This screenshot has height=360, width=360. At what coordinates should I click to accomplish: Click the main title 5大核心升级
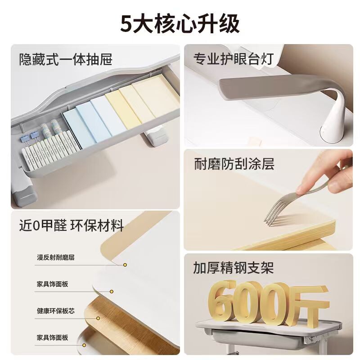point(180,24)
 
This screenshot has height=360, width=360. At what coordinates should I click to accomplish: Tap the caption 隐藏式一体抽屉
point(66,59)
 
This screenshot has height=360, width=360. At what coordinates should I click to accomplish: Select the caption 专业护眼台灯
point(234,59)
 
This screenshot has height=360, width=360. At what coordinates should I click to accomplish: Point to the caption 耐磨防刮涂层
point(234,164)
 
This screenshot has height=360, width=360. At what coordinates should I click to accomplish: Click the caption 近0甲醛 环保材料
point(72,225)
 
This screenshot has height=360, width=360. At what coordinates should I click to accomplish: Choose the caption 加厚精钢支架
point(233,267)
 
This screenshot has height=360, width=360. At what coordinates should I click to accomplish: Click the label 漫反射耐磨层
point(56,257)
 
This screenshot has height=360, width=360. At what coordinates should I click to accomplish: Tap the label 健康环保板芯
point(56,311)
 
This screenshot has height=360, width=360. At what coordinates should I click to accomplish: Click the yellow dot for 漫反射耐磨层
point(125,265)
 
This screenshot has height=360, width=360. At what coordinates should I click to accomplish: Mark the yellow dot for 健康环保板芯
point(98,318)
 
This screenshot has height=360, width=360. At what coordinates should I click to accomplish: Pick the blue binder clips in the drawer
point(30,137)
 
